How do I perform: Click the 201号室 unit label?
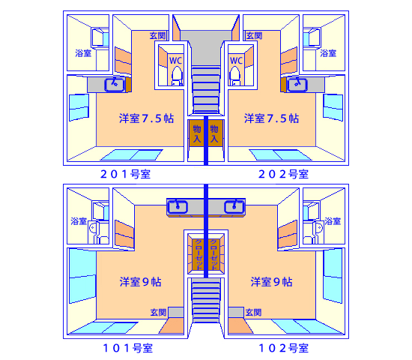[125, 174]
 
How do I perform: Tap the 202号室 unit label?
[283, 174]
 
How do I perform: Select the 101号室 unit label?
[128, 348]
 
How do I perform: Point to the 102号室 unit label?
[283, 348]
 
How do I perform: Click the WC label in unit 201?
[175, 61]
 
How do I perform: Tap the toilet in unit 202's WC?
[235, 76]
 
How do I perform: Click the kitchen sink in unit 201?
[115, 85]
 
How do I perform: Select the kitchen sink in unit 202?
[297, 85]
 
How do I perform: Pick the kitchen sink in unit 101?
[178, 206]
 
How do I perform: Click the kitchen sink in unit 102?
[234, 206]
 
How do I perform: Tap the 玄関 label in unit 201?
[158, 35]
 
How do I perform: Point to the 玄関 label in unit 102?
[253, 312]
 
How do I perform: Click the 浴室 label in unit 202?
[328, 53]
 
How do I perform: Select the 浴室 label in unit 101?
[79, 221]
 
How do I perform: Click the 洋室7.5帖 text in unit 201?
[147, 118]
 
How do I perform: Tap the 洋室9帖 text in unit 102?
[271, 282]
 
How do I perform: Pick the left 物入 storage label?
[197, 133]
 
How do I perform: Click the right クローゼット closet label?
[214, 254]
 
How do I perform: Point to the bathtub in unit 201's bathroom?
[100, 37]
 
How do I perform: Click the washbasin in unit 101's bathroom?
[93, 227]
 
